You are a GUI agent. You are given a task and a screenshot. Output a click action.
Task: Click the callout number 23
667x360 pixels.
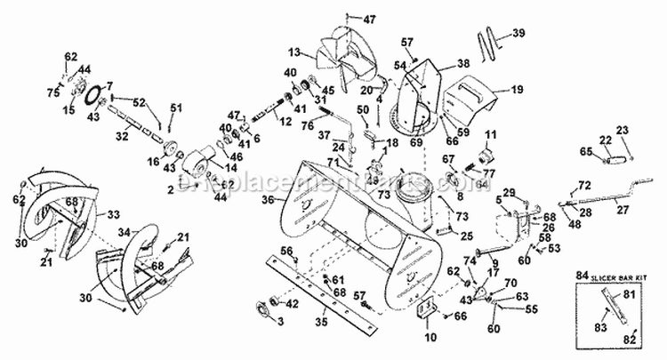click(622, 130)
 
